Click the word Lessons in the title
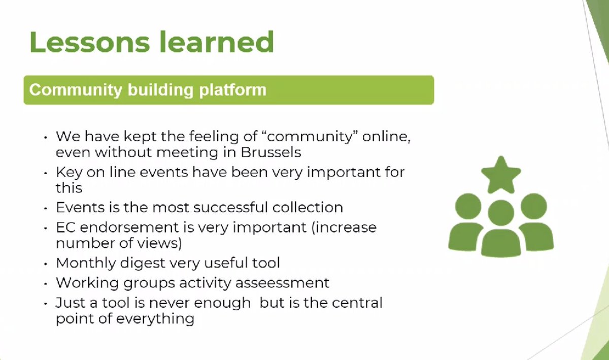pyautogui.click(x=89, y=42)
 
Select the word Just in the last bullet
pyautogui.click(x=69, y=303)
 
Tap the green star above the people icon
pyautogui.click(x=501, y=175)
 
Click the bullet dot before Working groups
pyautogui.click(x=46, y=283)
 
